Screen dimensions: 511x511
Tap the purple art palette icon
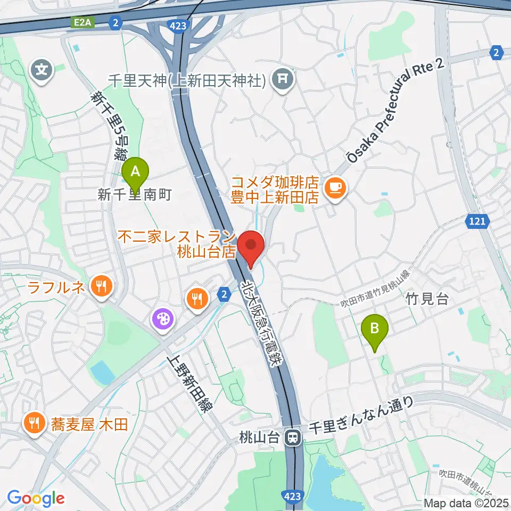161,320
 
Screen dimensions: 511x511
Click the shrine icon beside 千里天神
283,80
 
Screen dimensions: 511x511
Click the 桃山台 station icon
292,438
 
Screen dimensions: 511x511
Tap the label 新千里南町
134,195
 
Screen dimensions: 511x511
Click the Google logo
36,498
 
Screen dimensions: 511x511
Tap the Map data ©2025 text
466,502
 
